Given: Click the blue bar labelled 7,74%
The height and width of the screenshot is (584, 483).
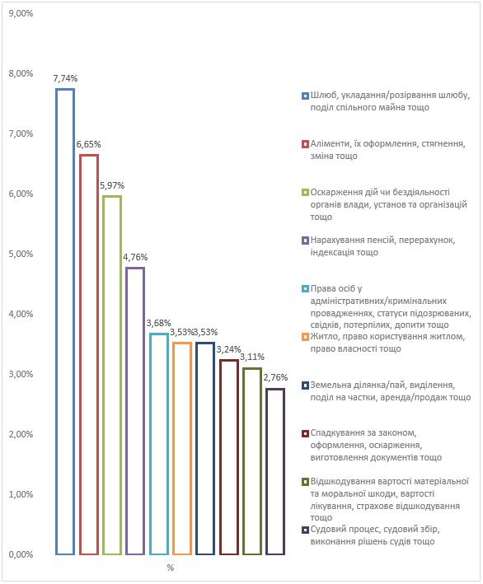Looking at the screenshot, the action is tap(57, 321).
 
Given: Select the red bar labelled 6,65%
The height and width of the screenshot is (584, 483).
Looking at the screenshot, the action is tap(80, 354).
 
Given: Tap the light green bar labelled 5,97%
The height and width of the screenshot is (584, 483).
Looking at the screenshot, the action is tap(104, 375).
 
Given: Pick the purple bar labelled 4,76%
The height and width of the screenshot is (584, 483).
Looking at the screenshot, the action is tap(127, 411).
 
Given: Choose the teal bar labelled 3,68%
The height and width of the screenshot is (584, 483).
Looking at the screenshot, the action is tap(151, 444).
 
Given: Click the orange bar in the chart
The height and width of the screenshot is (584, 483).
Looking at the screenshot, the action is tap(174, 448).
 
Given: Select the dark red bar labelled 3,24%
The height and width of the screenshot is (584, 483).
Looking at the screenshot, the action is tap(221, 457).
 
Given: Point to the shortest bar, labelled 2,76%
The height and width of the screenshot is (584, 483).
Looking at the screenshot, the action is tap(267, 471).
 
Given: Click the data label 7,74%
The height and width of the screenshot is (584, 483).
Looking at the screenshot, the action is tap(65, 78).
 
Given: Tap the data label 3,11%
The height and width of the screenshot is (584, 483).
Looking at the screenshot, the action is tap(252, 357).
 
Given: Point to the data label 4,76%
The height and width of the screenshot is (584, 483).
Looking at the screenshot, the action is tap(135, 257).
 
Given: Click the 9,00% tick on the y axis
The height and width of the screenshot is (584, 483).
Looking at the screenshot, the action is tap(21, 13).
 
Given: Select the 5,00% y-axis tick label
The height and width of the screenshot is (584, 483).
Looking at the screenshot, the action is tap(21, 254).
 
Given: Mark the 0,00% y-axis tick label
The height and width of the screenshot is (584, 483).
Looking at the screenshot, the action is tap(21, 554).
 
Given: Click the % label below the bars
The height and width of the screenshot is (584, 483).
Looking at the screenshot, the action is tap(171, 568).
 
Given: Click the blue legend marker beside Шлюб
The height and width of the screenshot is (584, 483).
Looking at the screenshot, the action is tap(305, 96).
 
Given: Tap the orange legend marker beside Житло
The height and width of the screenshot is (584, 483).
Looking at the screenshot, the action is tap(305, 337).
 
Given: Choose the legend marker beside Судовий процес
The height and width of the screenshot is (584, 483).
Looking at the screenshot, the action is tap(305, 530).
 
